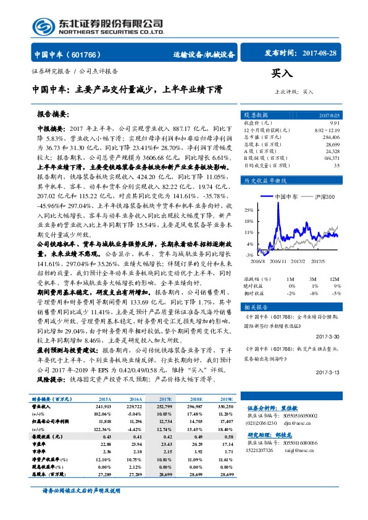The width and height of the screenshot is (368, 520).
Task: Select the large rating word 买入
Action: coord(282,74)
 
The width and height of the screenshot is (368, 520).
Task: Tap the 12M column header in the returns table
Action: coord(336,280)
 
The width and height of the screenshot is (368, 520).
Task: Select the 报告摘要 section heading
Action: coord(53,114)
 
